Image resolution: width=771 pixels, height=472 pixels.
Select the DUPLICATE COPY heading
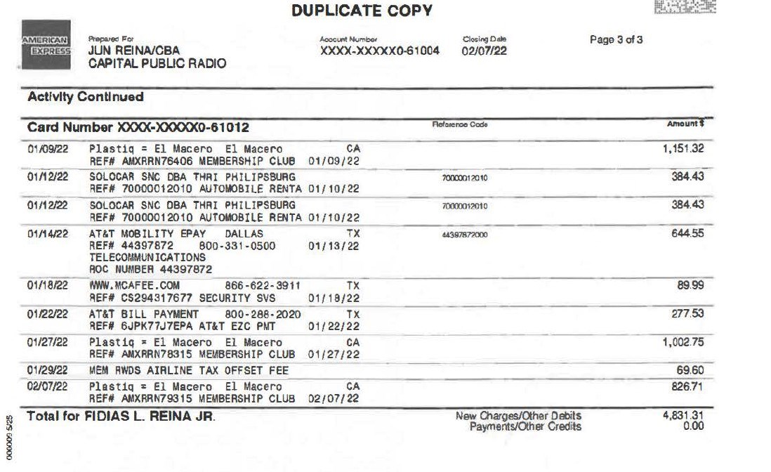362,11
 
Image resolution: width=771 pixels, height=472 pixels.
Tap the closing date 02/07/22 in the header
485,51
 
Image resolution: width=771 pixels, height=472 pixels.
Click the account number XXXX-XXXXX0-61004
379,51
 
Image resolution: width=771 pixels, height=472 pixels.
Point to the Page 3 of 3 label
616,40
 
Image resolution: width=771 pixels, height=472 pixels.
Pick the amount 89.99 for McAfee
690,285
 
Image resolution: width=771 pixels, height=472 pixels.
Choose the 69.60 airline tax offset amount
690,369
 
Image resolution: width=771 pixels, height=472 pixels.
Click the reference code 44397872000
465,235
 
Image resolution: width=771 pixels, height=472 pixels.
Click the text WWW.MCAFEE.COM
134,285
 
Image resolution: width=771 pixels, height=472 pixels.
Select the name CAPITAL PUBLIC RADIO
157,64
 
